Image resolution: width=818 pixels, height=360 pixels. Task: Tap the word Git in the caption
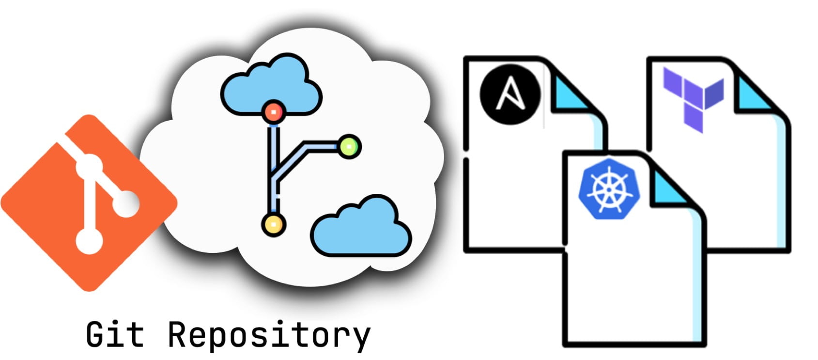point(115,334)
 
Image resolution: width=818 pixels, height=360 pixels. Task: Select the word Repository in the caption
point(269,335)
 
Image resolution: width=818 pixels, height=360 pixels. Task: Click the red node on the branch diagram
point(274,112)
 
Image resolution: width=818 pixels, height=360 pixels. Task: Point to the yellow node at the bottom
point(274,224)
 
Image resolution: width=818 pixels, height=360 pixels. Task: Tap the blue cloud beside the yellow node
point(361,228)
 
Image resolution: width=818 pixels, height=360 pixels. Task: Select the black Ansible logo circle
point(510,94)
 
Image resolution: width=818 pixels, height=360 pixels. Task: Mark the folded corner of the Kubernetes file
point(671,187)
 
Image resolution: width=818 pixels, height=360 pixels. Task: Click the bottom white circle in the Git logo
point(90,240)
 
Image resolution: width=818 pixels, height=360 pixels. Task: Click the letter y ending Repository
point(359,337)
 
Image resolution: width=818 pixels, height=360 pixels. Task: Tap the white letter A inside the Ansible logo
point(510,94)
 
